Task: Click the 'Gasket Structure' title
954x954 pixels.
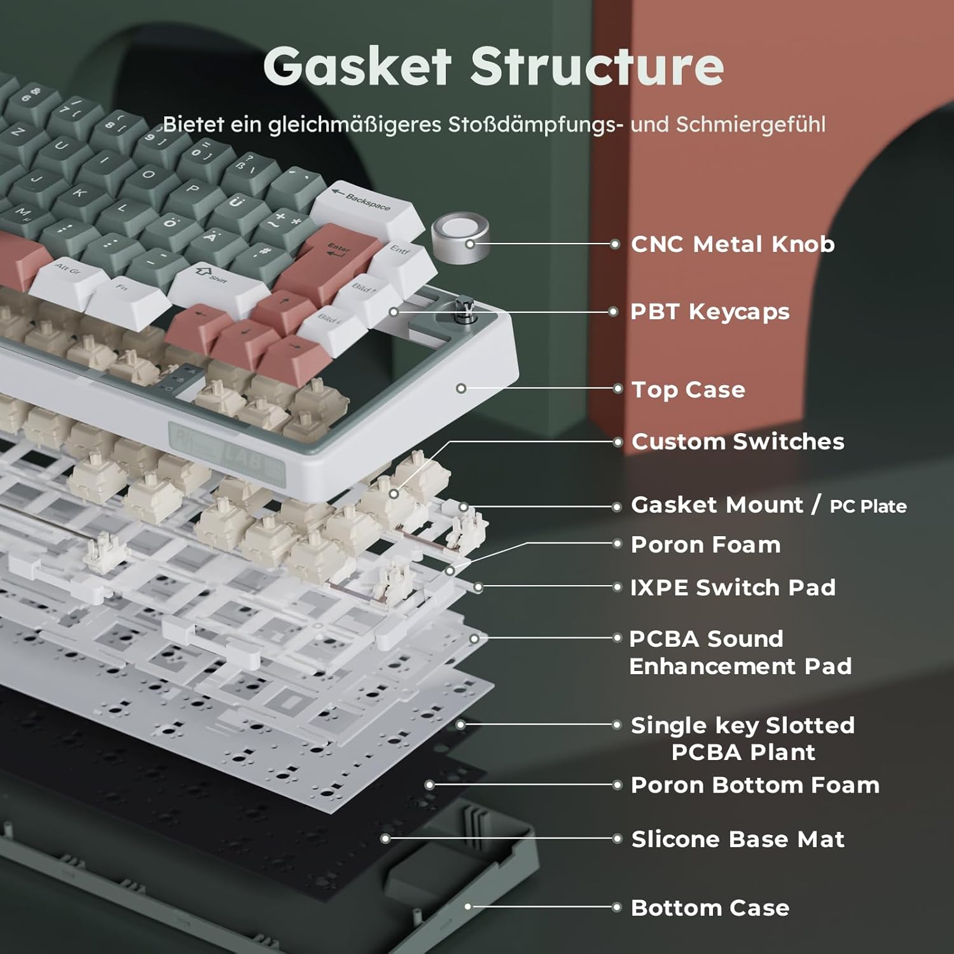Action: coord(494,66)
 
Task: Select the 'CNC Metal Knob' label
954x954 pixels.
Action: coord(733,244)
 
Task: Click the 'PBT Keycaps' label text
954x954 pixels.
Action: coord(710,312)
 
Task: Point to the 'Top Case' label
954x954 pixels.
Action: coord(688,389)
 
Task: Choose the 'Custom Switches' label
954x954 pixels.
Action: coord(738,441)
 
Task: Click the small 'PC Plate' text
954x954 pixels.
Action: coord(868,506)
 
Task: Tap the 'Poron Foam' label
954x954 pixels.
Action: coord(705,545)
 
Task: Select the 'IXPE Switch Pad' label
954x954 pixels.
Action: coord(733,588)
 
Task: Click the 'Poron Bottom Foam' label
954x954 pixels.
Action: coord(755,785)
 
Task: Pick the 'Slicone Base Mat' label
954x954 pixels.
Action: coord(738,840)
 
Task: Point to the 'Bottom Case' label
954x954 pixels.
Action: coord(710,908)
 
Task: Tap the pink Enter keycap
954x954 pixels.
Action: coord(337,254)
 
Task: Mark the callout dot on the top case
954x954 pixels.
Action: coord(461,388)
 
